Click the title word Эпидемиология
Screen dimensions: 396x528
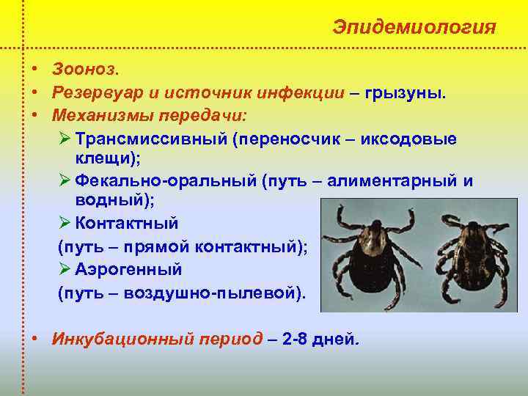414,27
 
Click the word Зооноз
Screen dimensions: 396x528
85,69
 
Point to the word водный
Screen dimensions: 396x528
103,199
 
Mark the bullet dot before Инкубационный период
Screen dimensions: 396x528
35,340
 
